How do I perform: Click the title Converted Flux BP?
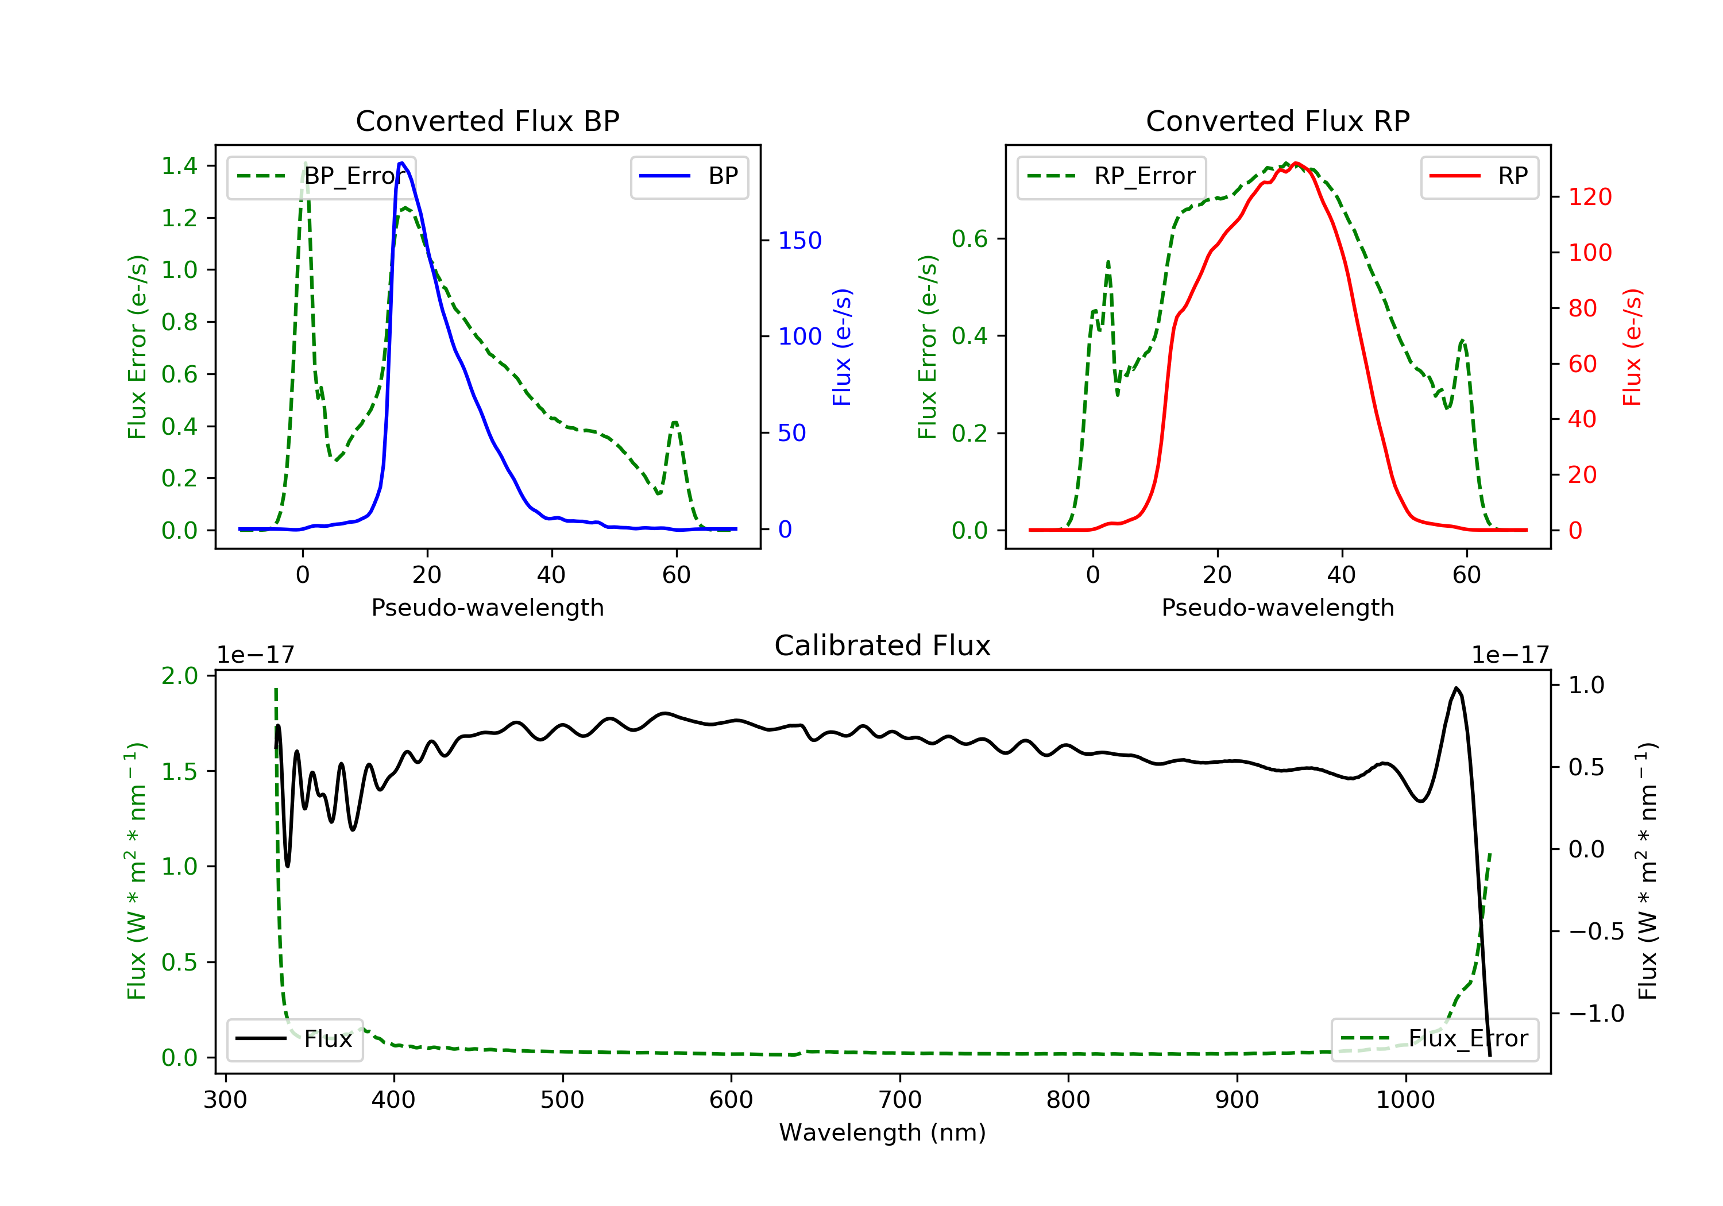[x=487, y=121]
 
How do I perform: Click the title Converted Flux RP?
[x=1277, y=121]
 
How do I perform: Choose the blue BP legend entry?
[x=689, y=176]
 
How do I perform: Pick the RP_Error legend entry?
[x=1111, y=176]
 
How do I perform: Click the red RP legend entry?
[x=1478, y=176]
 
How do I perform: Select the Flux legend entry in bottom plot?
[x=295, y=1039]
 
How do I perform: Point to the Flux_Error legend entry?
[x=1434, y=1039]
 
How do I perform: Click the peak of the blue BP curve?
[x=402, y=163]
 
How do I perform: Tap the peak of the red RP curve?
[x=1296, y=163]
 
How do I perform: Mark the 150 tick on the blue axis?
[x=799, y=240]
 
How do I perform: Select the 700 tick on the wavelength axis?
[x=900, y=1100]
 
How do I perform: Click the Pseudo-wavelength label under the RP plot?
[x=1277, y=607]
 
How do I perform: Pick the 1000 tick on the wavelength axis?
[x=1405, y=1100]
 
